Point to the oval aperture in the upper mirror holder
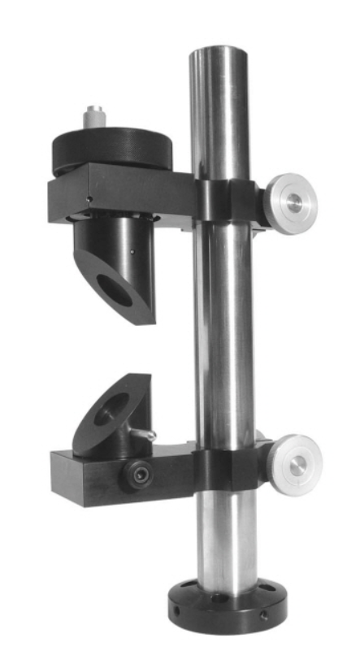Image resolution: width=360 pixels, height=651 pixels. point(114,289)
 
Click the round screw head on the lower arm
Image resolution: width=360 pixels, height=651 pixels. point(137,475)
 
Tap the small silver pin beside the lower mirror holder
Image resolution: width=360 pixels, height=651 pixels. point(145,436)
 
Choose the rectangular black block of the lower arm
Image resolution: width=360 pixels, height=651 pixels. point(89,475)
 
